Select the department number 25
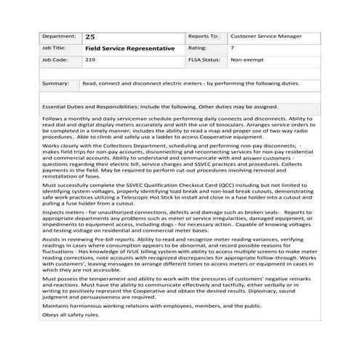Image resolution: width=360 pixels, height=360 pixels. click(x=89, y=36)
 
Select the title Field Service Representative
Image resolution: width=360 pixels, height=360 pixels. click(x=129, y=48)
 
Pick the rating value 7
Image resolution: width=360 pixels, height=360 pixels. click(x=232, y=47)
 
